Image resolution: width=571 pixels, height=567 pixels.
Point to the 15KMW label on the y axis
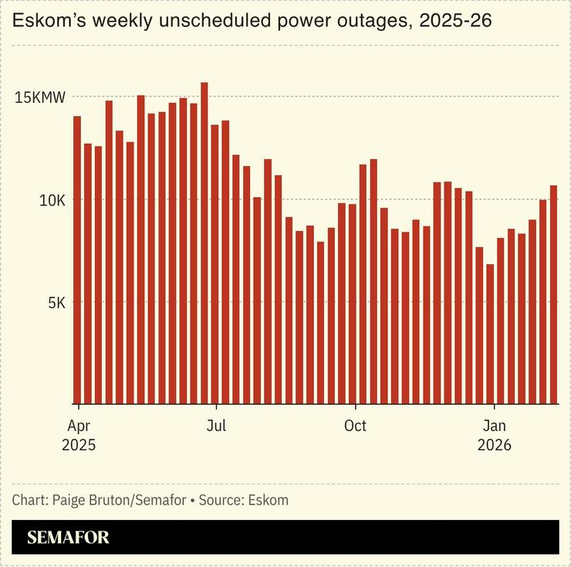[x=39, y=97]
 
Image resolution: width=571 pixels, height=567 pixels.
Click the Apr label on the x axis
[x=78, y=426]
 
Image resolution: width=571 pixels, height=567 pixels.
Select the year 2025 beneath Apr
[x=78, y=446]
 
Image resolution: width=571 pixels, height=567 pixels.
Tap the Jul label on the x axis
[x=217, y=426]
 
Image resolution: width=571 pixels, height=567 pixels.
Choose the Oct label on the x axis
[x=355, y=426]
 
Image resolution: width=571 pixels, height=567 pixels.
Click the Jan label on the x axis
[x=494, y=426]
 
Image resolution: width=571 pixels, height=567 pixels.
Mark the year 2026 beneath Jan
[x=494, y=446]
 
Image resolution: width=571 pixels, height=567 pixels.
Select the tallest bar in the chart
[x=204, y=243]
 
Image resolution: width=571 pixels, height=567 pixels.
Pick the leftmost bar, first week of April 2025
[x=77, y=260]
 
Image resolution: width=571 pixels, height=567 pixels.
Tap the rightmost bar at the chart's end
[x=553, y=294]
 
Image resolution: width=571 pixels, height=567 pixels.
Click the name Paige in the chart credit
[x=69, y=500]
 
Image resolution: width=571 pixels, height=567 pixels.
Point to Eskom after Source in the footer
[x=268, y=500]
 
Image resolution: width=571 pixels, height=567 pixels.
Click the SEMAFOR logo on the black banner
[x=68, y=538]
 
